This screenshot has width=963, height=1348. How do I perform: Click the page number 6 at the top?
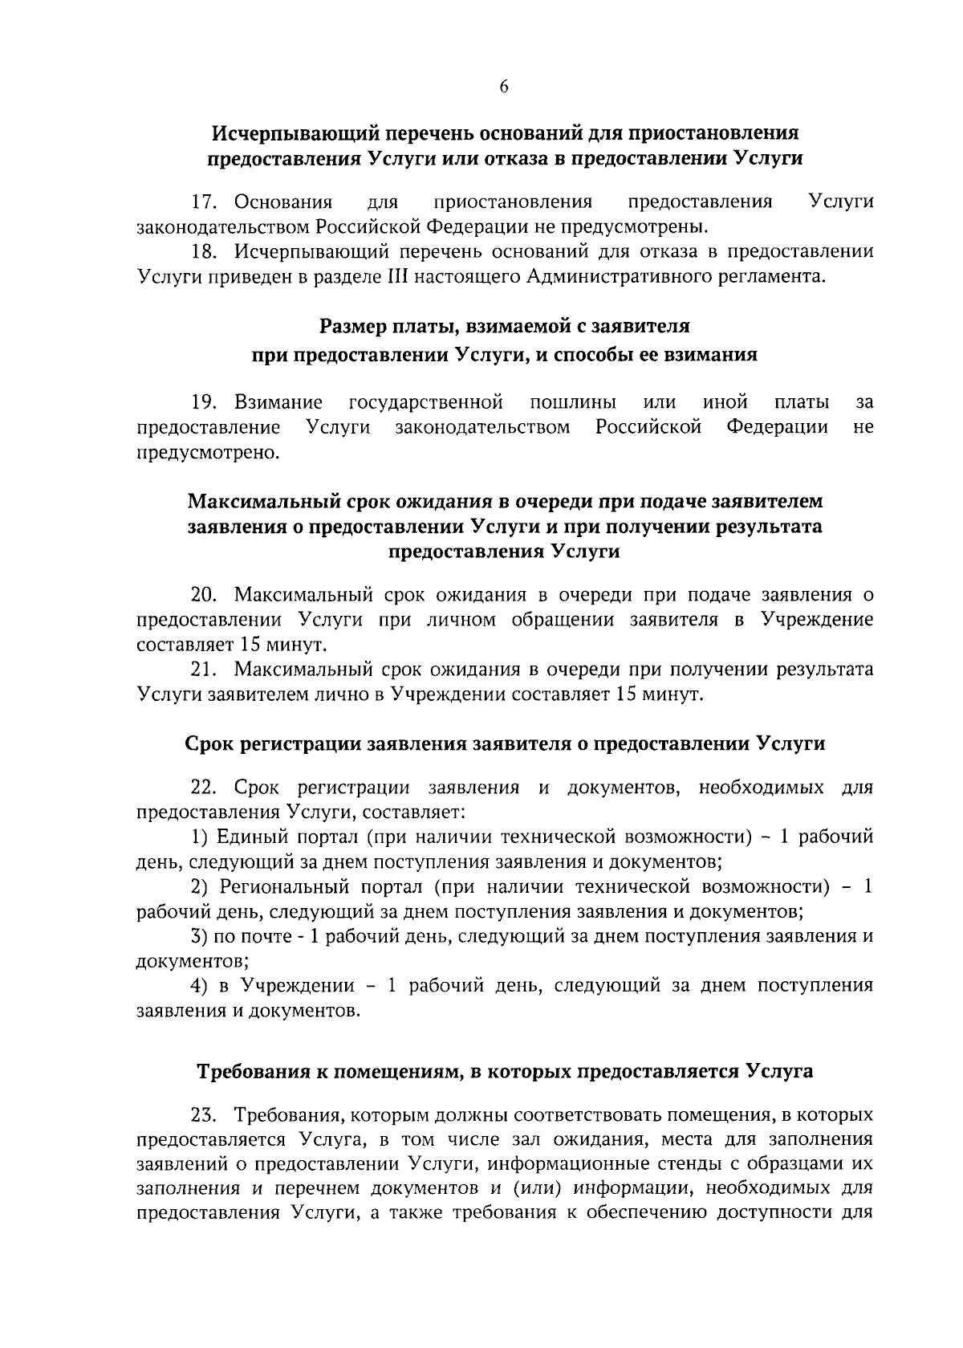click(x=504, y=88)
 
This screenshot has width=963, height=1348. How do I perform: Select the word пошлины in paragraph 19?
click(x=574, y=401)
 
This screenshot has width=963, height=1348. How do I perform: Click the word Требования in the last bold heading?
click(x=258, y=1071)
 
